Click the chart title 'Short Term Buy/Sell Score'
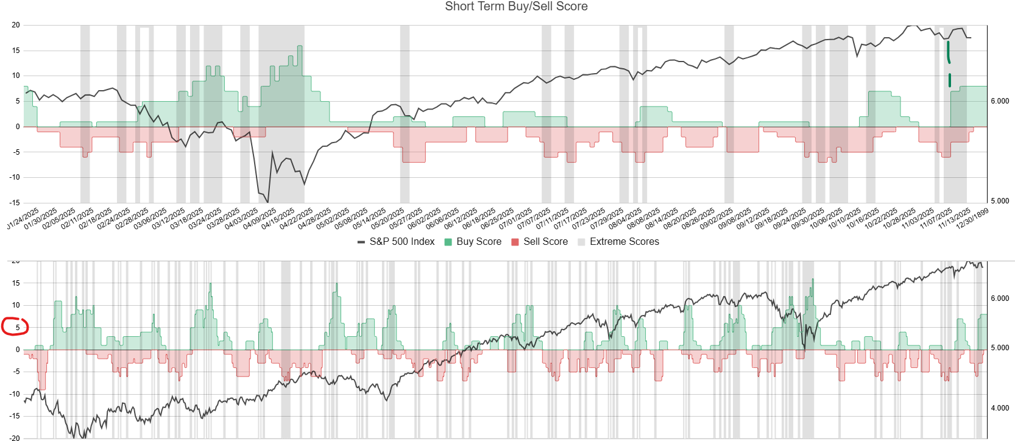516,7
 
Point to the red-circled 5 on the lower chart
17,327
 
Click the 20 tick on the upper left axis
16,25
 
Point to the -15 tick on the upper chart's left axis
15,202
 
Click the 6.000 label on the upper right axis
1000,101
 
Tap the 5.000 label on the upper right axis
1000,201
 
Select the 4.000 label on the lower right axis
1000,408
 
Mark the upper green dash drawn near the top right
948,52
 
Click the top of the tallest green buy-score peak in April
300,46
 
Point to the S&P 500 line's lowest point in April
267,202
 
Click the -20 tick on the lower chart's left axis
15,438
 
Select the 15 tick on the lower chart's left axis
16,283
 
